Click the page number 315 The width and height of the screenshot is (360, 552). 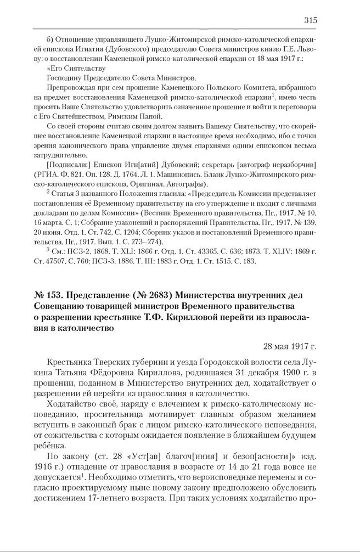click(310, 20)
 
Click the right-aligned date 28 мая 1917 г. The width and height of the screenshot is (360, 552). click(290, 347)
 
